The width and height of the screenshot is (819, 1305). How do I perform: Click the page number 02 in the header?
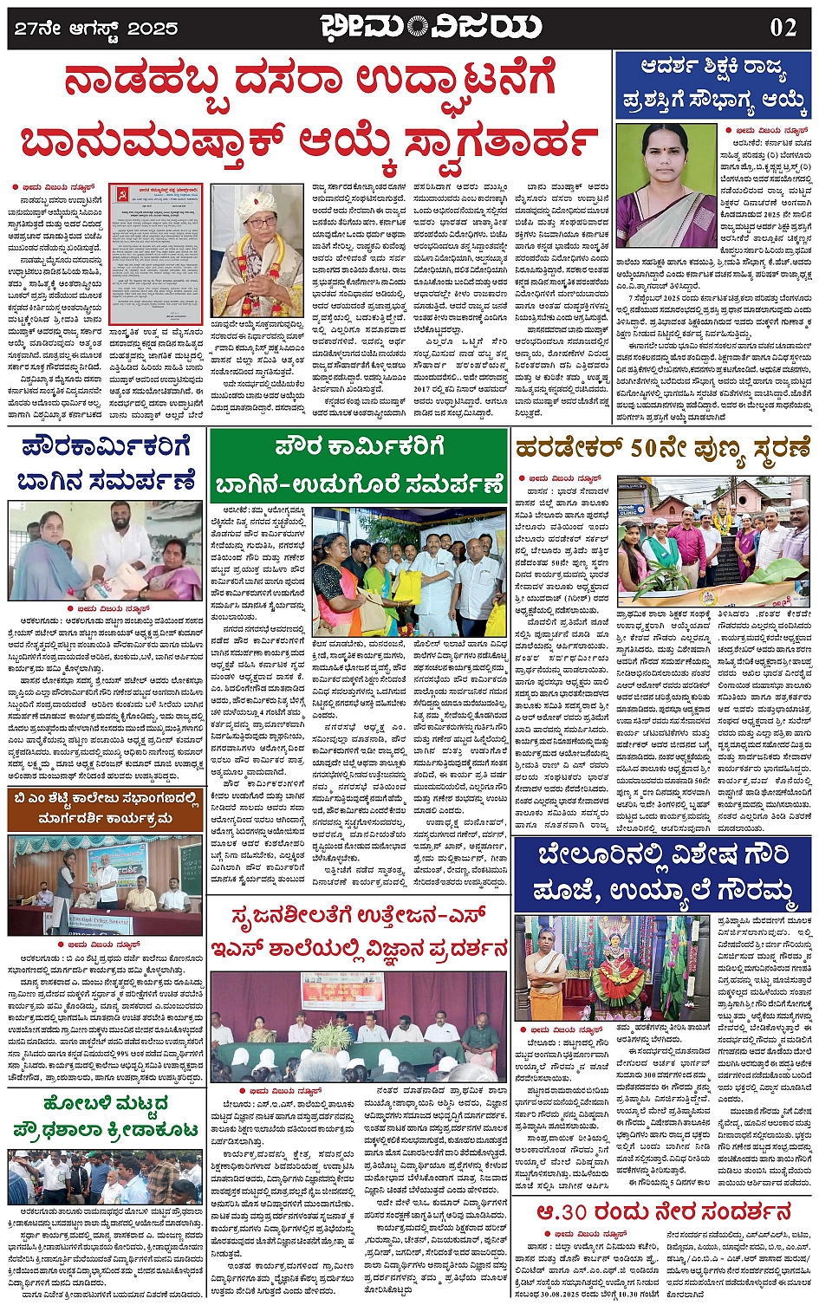[783, 27]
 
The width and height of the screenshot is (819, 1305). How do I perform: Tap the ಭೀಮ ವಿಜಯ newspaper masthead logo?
[430, 27]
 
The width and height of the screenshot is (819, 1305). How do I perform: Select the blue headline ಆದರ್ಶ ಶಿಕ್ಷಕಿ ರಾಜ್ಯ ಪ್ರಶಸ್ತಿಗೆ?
[713, 85]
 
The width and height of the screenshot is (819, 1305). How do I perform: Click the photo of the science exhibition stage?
[358, 1025]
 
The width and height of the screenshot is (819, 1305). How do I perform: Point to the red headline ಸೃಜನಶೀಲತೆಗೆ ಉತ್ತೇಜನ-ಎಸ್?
[358, 932]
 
